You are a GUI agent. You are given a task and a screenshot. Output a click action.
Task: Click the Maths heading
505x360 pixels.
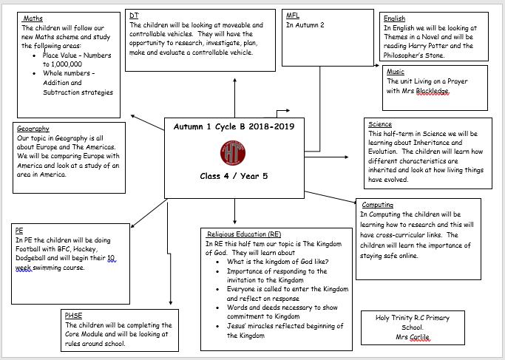pos(33,18)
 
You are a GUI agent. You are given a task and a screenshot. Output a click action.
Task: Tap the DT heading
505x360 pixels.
pos(134,15)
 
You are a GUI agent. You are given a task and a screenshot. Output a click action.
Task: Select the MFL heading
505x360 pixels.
pos(293,15)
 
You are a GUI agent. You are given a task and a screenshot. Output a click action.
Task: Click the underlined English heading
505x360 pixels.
pos(395,18)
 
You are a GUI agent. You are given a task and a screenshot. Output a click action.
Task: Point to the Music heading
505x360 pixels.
pos(396,72)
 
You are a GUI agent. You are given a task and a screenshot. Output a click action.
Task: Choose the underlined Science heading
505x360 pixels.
pos(380,124)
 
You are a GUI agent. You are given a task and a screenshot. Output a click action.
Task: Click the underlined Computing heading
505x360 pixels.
pos(378,205)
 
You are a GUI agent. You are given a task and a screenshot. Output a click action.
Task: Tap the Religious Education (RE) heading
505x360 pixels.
pos(244,234)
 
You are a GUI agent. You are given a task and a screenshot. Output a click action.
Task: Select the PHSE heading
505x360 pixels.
pos(73,315)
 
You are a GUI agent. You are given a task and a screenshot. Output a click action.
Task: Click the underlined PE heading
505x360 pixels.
pos(19,231)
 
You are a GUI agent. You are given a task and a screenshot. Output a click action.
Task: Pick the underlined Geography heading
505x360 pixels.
pos(33,129)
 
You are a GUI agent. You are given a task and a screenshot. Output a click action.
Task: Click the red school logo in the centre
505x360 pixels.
pos(233,153)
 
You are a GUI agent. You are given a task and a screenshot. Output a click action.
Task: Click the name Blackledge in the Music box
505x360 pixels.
pos(433,91)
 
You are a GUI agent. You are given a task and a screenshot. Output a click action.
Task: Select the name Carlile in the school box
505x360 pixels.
pos(420,337)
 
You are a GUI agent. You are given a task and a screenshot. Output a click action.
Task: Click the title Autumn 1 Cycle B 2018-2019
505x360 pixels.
pos(234,126)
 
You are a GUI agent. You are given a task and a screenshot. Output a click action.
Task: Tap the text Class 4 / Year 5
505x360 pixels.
pos(234,176)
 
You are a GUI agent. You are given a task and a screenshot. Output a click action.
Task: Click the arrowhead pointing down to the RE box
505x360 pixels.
pos(234,222)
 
